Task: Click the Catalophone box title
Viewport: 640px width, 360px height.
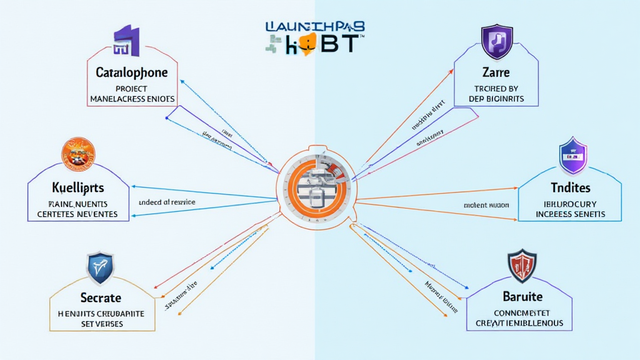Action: click(x=131, y=72)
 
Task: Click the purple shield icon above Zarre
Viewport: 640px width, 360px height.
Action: click(x=497, y=41)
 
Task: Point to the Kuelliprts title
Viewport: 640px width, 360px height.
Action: click(x=78, y=187)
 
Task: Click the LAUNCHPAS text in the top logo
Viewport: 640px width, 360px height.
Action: click(x=315, y=27)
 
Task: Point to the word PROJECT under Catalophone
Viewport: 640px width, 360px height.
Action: click(x=132, y=88)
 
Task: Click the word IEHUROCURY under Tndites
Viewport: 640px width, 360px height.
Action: click(x=568, y=204)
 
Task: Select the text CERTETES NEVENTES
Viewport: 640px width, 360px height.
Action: click(x=78, y=214)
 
